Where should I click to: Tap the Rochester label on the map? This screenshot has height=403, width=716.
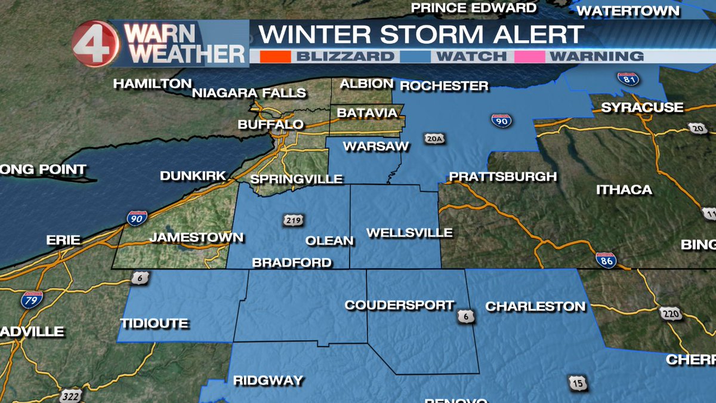[x=444, y=86]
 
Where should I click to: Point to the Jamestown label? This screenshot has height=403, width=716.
[x=196, y=237]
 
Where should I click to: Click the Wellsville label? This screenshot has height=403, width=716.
[x=409, y=233]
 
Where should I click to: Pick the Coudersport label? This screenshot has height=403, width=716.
[x=399, y=305]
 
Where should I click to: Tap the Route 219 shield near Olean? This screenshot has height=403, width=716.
[x=292, y=220]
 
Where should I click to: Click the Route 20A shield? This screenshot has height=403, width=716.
[x=433, y=139]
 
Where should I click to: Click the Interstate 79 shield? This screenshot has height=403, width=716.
[x=31, y=299]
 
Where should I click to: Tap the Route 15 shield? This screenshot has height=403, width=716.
[x=578, y=383]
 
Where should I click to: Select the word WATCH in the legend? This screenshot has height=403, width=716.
[x=471, y=57]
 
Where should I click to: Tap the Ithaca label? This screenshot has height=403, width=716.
[x=624, y=190]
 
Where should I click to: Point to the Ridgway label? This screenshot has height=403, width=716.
[x=268, y=380]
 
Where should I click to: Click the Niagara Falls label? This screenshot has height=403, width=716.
[x=249, y=93]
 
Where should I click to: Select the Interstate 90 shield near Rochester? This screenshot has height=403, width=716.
[x=501, y=119]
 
